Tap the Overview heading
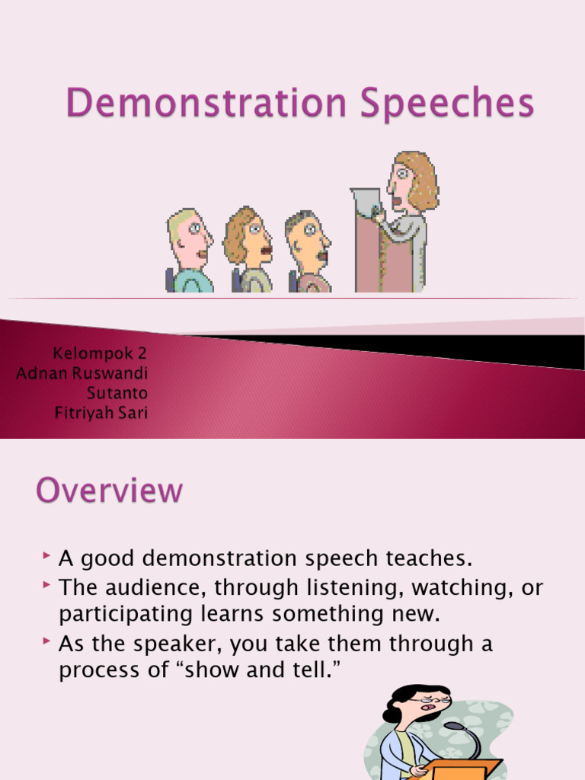pos(109,491)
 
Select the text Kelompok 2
pos(99,353)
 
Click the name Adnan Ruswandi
pos(82,373)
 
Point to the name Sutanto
pos(117,393)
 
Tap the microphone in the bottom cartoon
pos(458,728)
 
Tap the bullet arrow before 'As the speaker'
pos(48,644)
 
